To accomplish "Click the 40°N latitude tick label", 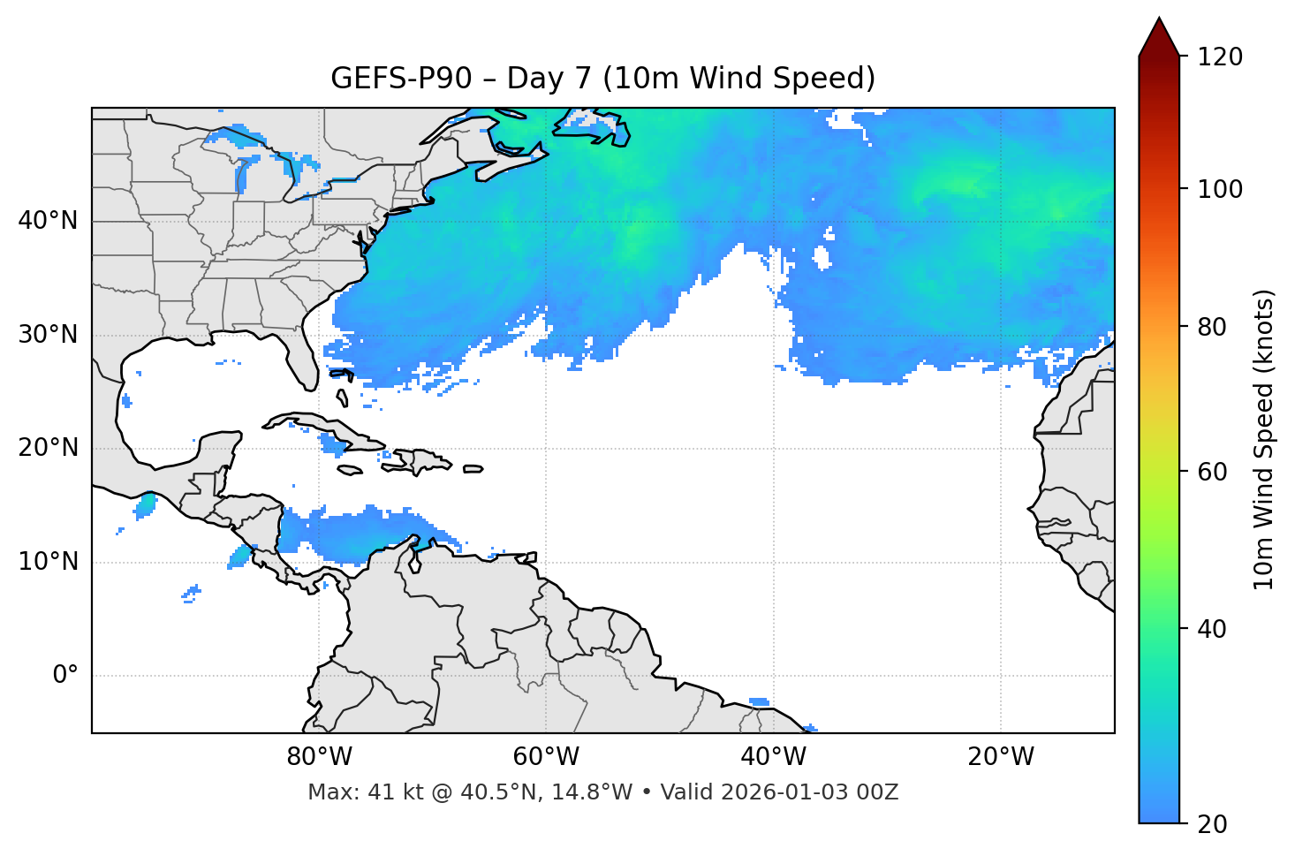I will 48,221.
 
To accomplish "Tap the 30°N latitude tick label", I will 48,335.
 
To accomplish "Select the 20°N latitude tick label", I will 48,448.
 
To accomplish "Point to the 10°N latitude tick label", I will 48,562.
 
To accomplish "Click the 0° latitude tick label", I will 65,676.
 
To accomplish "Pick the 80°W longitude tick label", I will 319,757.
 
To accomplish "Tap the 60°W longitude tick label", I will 546,757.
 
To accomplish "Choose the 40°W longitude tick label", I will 773,757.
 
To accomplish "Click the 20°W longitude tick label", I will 1000,757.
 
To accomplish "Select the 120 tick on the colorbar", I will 1220,57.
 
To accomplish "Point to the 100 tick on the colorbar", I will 1220,189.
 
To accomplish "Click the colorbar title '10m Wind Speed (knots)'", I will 1264,439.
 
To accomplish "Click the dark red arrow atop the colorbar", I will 1159,38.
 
